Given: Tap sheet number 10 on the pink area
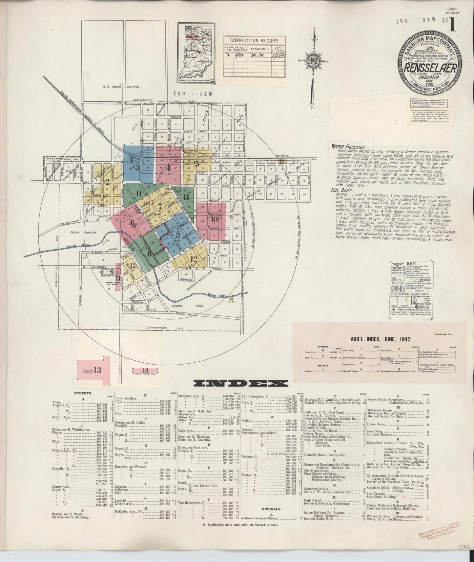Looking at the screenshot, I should coord(214,219).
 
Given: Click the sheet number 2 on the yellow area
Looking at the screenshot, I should coord(107,181).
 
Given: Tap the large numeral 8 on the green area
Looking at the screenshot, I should coord(149,253).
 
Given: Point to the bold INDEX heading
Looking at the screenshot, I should coord(241,383).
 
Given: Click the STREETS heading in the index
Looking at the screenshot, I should coord(83,393).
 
